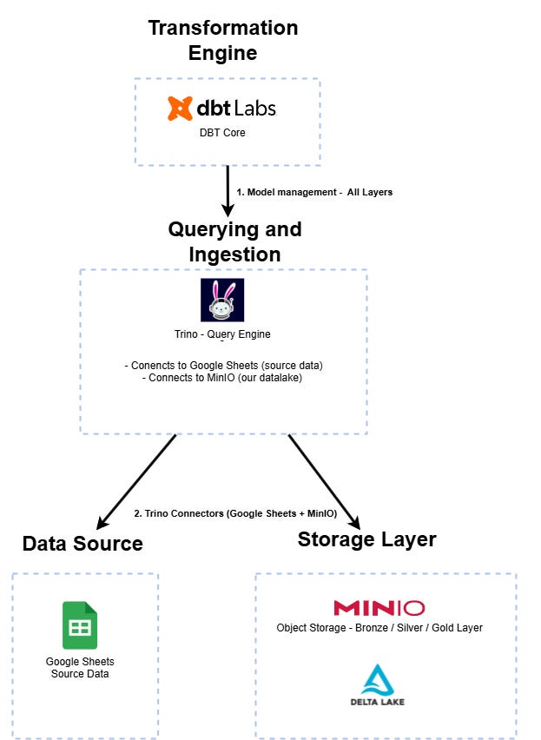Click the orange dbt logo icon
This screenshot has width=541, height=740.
click(x=180, y=108)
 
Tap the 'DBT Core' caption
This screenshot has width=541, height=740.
click(x=222, y=133)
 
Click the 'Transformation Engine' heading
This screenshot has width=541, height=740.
click(x=223, y=40)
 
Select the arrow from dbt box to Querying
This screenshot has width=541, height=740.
click(x=228, y=191)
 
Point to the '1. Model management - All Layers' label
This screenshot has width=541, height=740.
click(x=314, y=192)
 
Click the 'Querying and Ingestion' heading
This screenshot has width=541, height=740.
click(x=234, y=241)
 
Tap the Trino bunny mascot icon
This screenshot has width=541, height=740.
click(x=222, y=300)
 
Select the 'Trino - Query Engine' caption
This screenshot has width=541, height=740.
click(x=222, y=334)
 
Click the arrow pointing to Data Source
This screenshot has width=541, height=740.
click(x=136, y=482)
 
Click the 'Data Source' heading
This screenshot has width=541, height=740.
click(x=82, y=544)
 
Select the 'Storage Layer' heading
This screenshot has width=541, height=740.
click(x=367, y=539)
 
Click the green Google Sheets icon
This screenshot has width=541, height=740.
click(x=80, y=624)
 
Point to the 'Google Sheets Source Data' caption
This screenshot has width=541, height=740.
click(x=80, y=667)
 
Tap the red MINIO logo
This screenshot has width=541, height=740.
click(x=379, y=608)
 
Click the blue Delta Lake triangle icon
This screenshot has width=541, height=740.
click(x=378, y=679)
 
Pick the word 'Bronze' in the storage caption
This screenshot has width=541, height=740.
click(x=372, y=628)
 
